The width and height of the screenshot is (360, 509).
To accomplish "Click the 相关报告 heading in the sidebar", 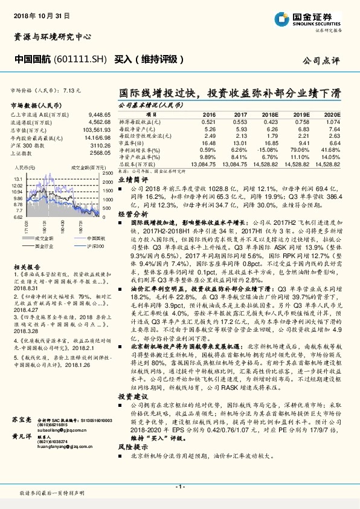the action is coord(27,267).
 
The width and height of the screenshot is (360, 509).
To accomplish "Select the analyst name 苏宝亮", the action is coord(22,435).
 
